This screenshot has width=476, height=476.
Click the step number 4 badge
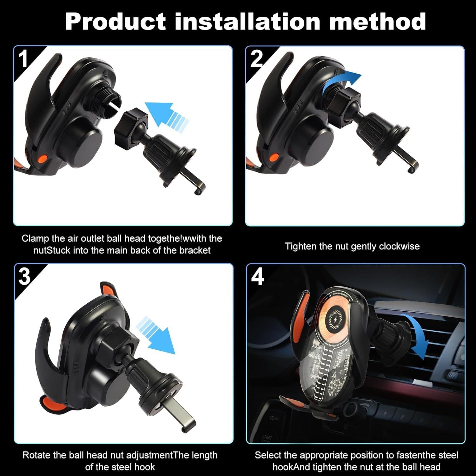pos(257,277)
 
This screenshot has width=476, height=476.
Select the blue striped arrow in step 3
pos(155,335)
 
